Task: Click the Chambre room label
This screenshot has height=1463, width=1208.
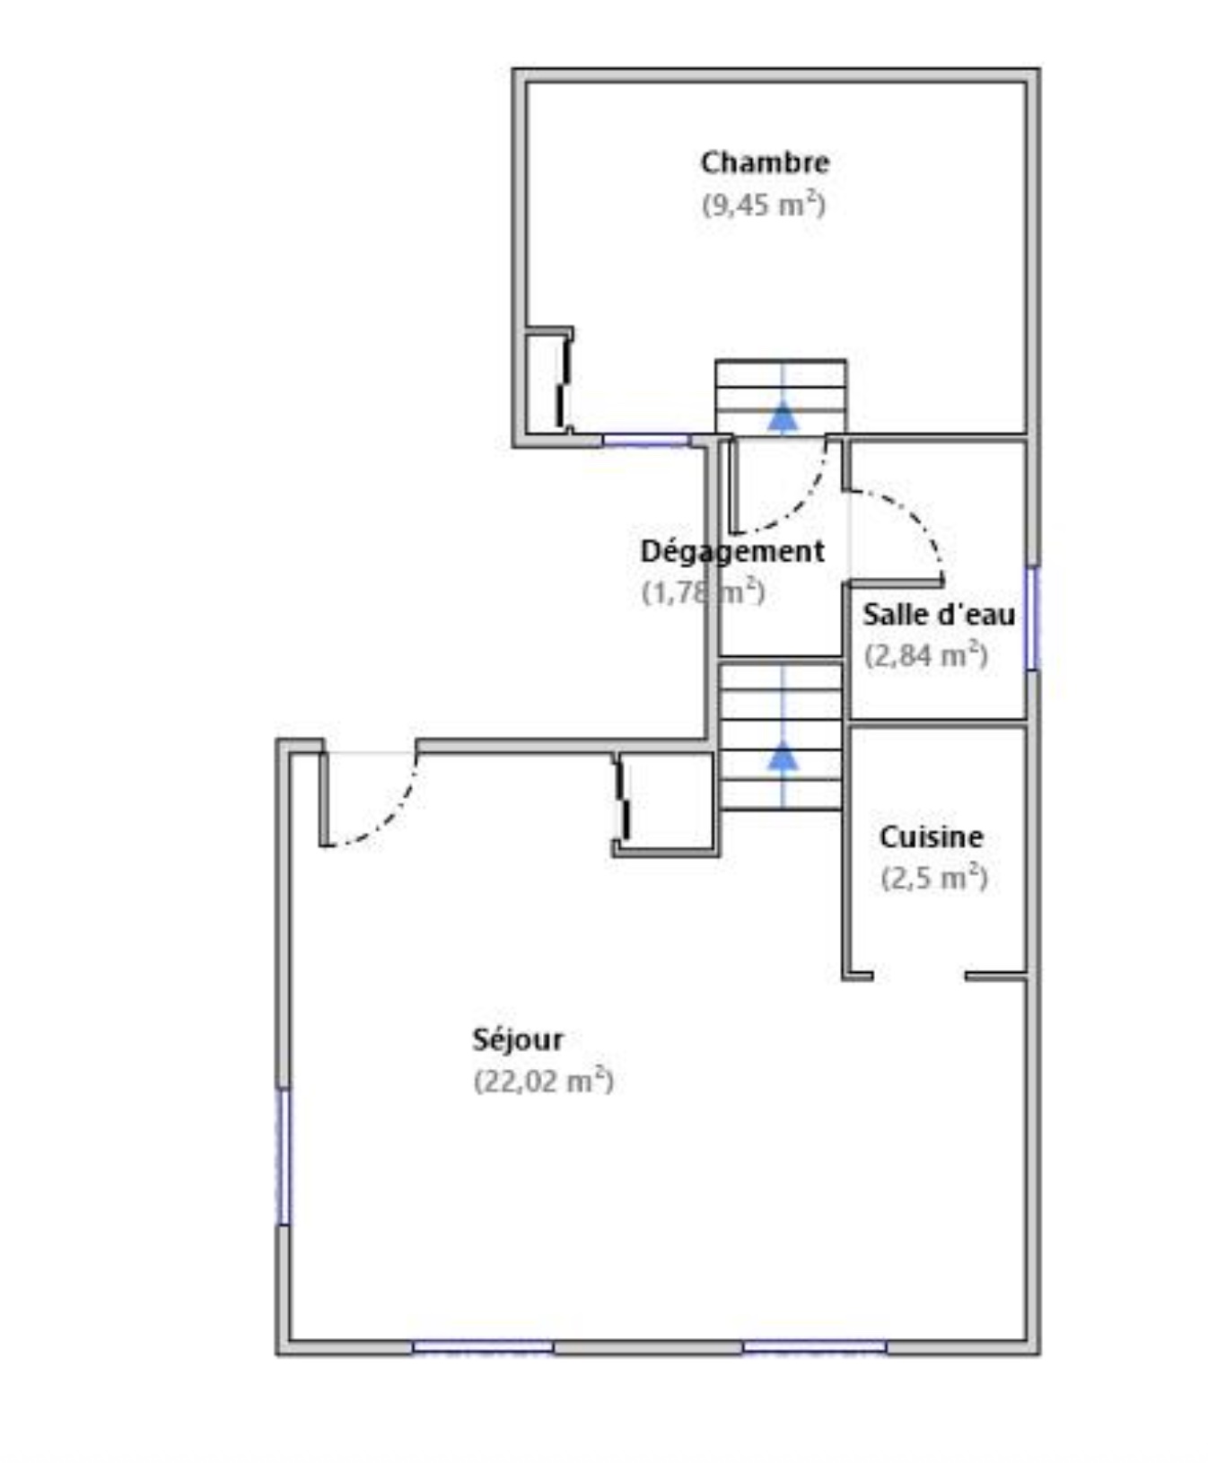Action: coord(765,162)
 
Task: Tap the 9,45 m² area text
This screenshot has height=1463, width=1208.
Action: coord(764,205)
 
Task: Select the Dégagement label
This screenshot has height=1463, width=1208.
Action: coord(732,551)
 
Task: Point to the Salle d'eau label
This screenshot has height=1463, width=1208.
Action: coord(939,615)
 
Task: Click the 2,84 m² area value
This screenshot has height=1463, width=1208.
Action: coord(926,656)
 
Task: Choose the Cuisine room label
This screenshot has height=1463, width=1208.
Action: coord(932,837)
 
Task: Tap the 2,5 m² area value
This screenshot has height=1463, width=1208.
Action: coord(934,878)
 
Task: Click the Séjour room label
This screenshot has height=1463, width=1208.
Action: coord(518,1039)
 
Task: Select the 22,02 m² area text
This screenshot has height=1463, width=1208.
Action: coord(544,1081)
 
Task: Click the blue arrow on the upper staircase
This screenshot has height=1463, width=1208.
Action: coord(783,417)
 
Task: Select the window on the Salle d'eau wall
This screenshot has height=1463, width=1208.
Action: coord(1032,618)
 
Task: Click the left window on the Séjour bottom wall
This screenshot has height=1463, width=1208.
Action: coord(483,1346)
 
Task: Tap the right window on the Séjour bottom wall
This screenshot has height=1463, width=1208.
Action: coord(814,1346)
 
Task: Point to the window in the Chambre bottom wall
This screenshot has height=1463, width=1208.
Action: coord(645,440)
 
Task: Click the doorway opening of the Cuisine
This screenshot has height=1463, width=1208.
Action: coord(919,976)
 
